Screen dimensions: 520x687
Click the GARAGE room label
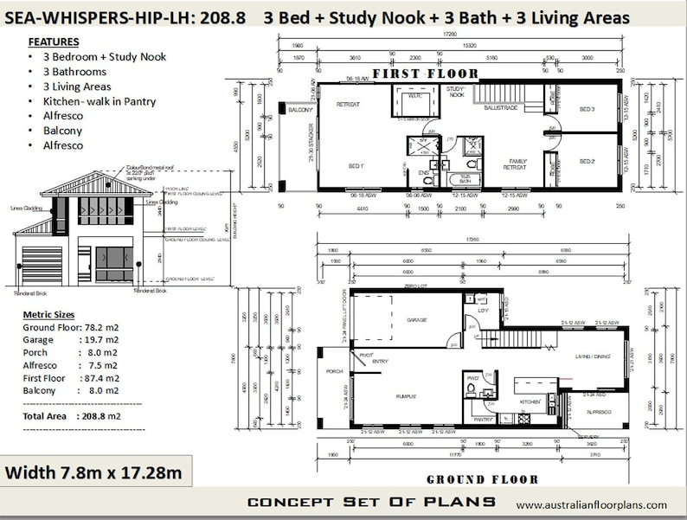417,319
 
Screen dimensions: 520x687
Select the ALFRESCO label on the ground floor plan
599,412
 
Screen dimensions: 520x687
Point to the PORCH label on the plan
333,373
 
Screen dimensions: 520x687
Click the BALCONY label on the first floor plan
299,111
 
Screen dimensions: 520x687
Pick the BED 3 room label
587,109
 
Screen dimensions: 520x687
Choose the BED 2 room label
587,161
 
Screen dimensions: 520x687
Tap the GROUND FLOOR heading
482,478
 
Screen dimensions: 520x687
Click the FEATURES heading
54,42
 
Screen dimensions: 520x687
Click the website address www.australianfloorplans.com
592,504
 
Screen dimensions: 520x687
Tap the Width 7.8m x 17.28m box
94,472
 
